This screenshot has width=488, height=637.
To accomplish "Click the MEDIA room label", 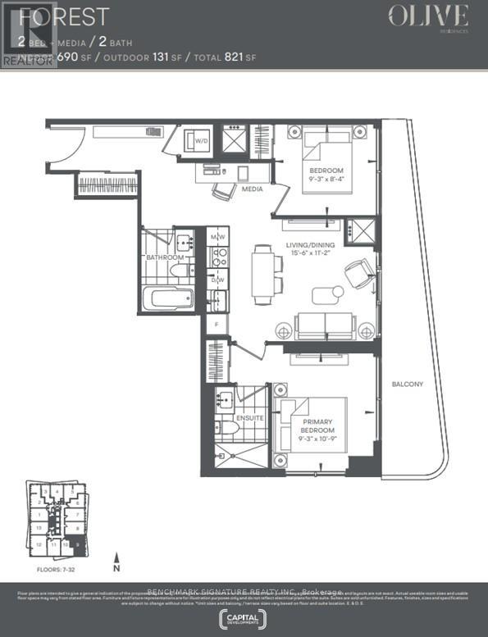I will tap(253, 189).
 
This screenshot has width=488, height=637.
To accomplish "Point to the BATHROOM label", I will tap(165, 257).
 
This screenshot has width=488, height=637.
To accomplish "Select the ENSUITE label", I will tap(249, 417).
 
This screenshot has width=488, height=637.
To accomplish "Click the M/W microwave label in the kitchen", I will tap(217, 238).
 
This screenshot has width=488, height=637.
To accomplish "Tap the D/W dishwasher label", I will tap(217, 281).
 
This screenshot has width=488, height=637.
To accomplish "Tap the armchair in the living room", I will tap(359, 271).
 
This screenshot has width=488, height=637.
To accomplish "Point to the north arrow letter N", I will tap(116, 567).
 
